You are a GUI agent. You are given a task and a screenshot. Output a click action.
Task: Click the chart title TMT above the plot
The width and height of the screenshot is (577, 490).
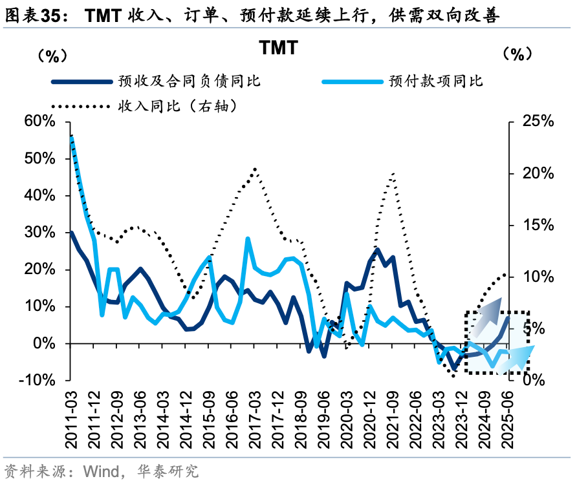click(x=279, y=48)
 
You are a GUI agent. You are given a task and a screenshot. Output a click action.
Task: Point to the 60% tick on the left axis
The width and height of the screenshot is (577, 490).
click(x=40, y=122)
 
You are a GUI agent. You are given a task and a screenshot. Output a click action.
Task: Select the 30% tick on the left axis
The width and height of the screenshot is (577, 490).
click(x=40, y=233)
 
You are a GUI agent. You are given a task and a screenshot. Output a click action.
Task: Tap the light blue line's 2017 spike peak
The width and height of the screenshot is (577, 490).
click(x=248, y=239)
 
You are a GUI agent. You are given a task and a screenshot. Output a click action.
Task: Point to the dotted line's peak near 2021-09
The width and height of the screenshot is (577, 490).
click(x=393, y=173)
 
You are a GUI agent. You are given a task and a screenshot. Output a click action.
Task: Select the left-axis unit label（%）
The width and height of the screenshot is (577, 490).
click(x=52, y=56)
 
